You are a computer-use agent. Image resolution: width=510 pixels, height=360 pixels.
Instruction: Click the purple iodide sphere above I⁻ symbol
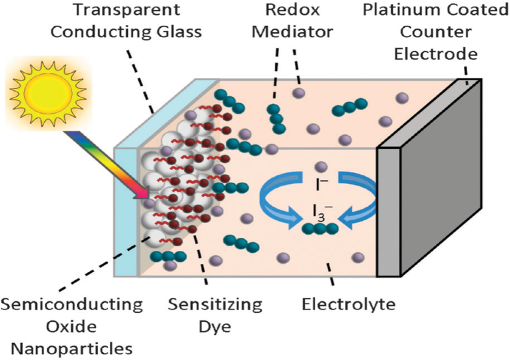click(x=320, y=167)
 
